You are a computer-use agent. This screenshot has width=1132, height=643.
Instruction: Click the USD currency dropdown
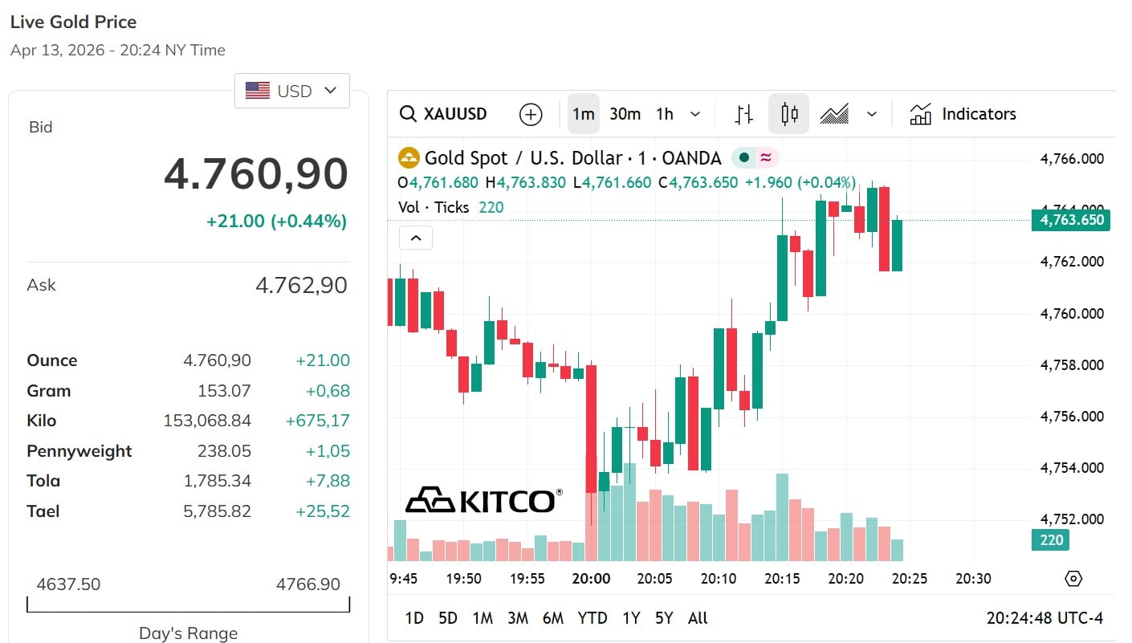(292, 91)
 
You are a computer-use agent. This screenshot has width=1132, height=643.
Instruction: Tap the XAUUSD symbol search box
(444, 114)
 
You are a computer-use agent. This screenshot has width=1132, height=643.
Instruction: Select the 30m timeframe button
(625, 114)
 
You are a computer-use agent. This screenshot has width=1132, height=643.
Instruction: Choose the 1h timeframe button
(665, 114)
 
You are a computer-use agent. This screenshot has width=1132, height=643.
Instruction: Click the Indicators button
(963, 114)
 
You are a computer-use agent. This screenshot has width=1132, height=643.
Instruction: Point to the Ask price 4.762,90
(301, 285)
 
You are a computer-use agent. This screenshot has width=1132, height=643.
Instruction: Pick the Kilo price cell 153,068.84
(207, 421)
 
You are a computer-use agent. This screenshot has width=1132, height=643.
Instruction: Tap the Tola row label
(43, 481)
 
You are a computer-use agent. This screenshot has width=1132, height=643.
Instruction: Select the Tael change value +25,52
(323, 511)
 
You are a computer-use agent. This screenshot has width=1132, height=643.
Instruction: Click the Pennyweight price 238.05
(224, 451)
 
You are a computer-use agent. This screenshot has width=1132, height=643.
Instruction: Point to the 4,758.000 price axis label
(1072, 365)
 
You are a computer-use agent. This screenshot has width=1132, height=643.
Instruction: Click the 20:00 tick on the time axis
(591, 579)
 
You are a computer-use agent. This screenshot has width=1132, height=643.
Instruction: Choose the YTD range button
(592, 618)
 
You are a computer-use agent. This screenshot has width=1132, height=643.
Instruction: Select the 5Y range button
(663, 618)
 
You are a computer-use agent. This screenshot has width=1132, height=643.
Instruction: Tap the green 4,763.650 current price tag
(1071, 220)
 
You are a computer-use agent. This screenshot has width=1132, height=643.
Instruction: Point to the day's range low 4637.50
(68, 584)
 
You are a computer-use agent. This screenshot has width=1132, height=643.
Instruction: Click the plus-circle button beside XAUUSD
(531, 114)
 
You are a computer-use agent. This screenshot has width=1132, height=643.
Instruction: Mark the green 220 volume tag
(1051, 540)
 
